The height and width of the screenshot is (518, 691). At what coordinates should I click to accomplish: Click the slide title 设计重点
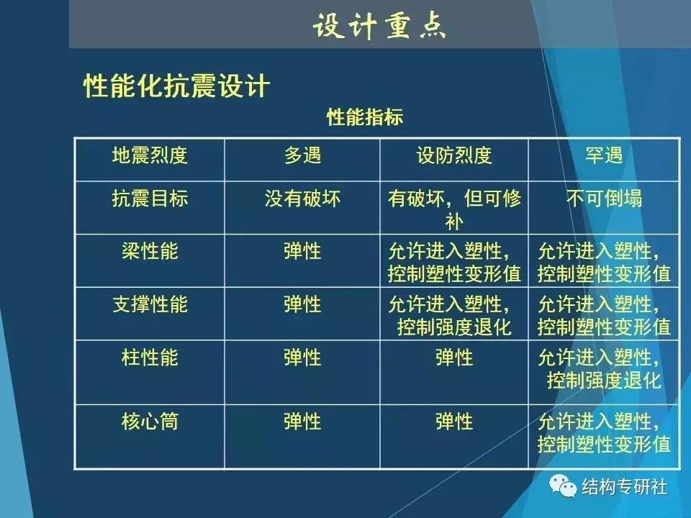point(379,26)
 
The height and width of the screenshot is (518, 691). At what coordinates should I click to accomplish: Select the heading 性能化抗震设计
point(176,86)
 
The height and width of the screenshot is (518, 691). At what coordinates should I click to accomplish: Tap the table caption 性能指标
point(365,117)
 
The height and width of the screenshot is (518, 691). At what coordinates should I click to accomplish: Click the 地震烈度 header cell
point(150,155)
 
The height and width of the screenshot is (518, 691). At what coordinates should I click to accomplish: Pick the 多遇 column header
point(302,155)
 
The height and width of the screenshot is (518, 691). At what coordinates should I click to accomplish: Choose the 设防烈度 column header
point(454,155)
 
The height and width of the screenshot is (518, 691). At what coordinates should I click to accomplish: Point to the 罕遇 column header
point(603,155)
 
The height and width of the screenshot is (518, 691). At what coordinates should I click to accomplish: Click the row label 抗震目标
point(150,199)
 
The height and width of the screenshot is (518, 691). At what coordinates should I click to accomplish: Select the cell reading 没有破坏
point(302,199)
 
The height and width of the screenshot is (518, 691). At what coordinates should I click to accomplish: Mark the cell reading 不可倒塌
point(603,199)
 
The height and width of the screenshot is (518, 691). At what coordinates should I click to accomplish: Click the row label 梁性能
point(150,252)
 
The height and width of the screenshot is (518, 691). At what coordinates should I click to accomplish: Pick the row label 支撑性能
point(150,304)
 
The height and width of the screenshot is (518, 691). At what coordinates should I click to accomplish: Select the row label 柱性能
point(150,357)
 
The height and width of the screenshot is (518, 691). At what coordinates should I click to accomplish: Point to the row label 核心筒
point(150,421)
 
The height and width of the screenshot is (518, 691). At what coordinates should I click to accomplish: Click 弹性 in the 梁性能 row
point(302,252)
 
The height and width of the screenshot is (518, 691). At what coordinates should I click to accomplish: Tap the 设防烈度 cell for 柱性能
point(454,357)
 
